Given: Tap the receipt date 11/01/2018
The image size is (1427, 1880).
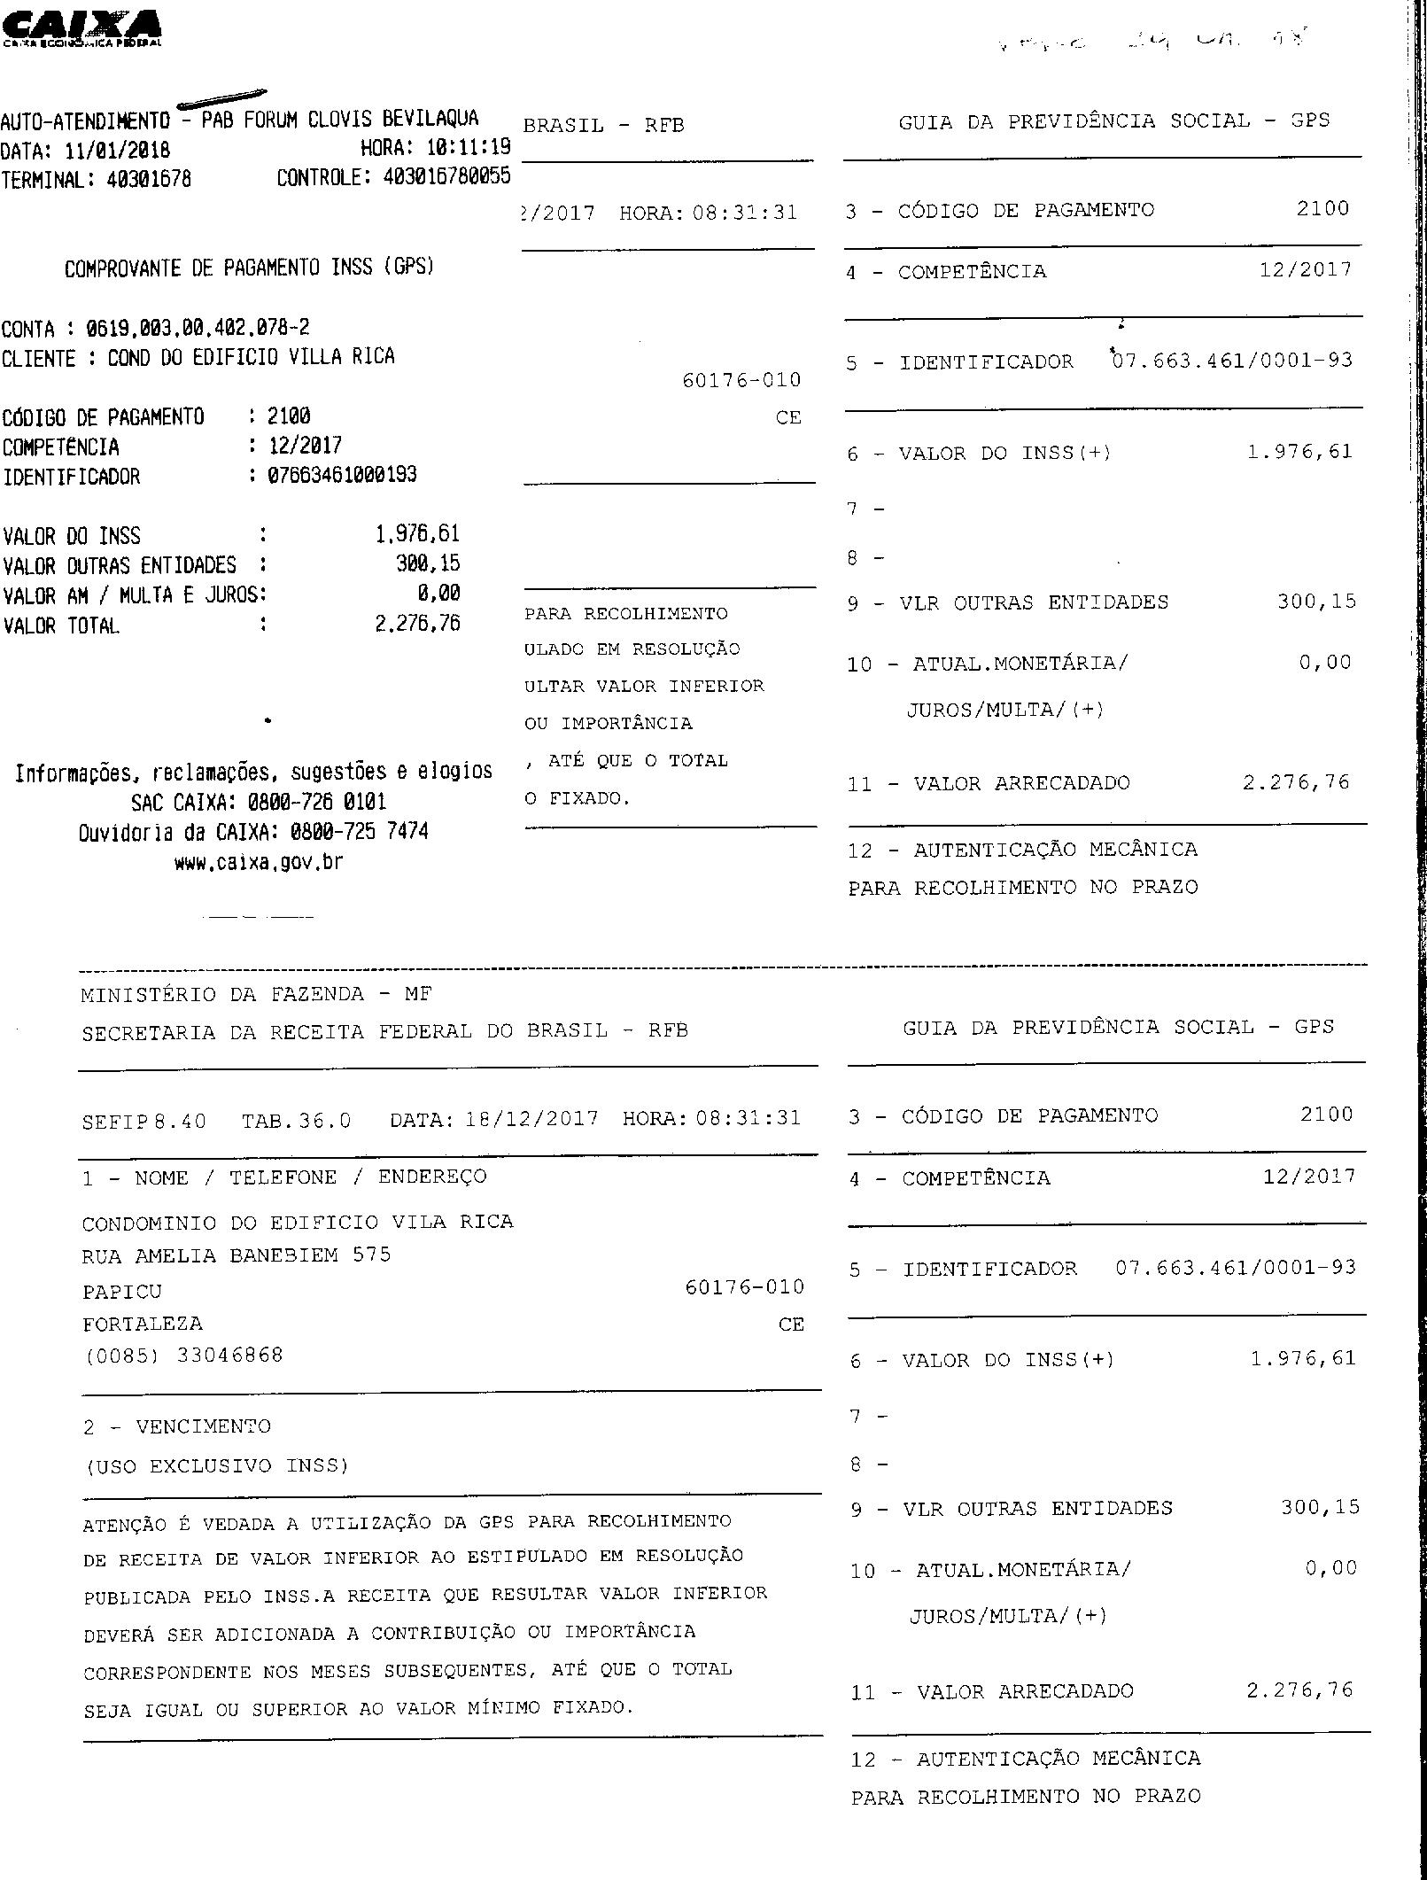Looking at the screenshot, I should pos(118,150).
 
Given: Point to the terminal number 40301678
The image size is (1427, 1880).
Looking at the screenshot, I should pos(149,180).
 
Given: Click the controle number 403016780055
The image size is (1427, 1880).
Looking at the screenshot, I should pos(446,176).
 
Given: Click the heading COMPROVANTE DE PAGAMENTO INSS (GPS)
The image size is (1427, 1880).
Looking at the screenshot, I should pos(249,267).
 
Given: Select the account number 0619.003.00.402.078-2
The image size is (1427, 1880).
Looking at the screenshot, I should pos(198,328).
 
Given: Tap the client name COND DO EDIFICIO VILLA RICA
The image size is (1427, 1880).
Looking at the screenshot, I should pos(252,357).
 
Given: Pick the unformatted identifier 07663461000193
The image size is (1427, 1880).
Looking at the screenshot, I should pos(342,475).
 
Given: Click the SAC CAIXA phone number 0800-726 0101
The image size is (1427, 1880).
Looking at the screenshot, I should pos(317,803).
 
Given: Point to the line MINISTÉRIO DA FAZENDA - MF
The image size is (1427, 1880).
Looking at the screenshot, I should pos(256,994).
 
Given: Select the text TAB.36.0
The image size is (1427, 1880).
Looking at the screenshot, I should pos(296,1120).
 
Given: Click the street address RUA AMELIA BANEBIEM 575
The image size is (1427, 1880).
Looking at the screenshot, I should pos(236,1255).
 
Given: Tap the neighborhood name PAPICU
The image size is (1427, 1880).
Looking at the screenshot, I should pos(122,1291).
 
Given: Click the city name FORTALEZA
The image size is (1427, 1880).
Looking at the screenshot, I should pos(143,1324).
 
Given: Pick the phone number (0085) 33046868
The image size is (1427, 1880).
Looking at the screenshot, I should pos(182,1355).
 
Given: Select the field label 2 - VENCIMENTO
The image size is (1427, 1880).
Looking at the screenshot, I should pos(177,1426).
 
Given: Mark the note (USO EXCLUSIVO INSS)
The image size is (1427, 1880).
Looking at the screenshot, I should pos(216,1465).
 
